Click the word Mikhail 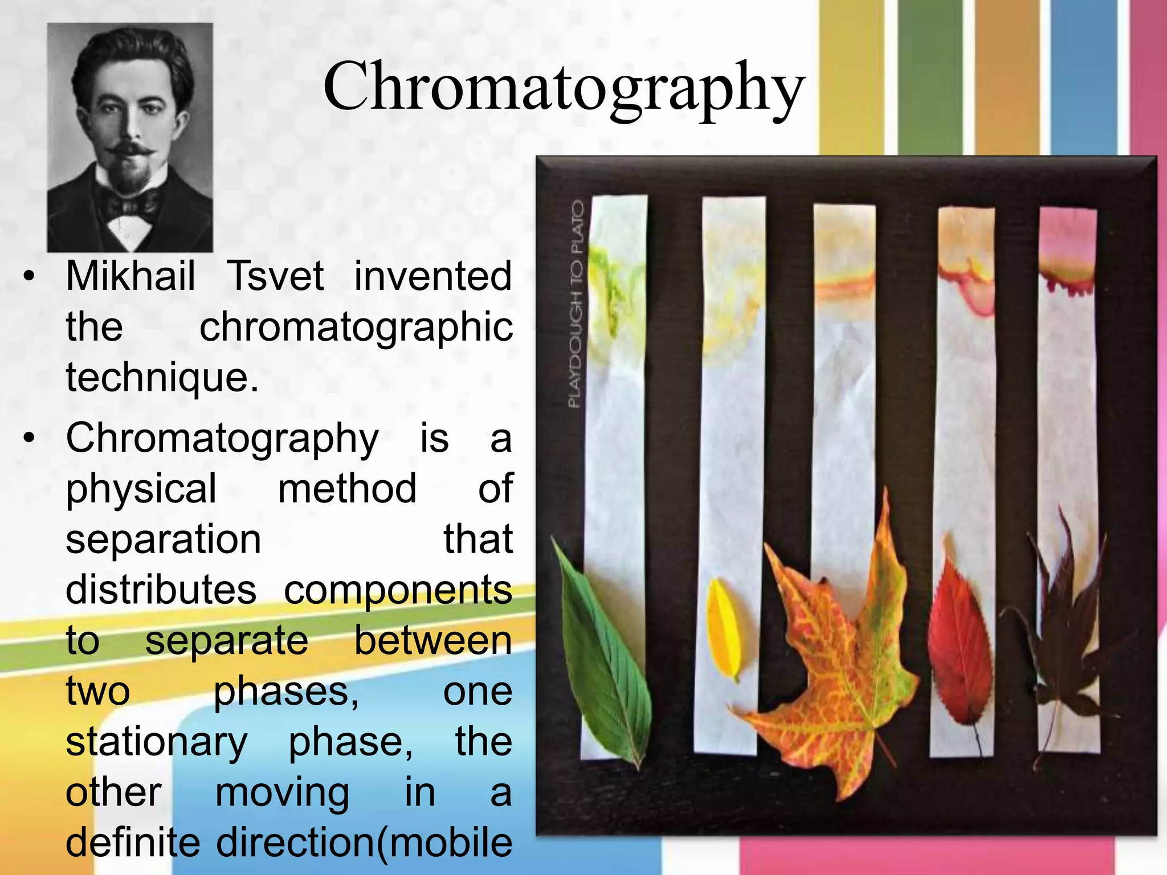[x=130, y=276]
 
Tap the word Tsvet [x=275, y=276]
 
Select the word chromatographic [x=356, y=328]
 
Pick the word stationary [x=157, y=742]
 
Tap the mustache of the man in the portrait [x=131, y=149]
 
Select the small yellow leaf [x=725, y=627]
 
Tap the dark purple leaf [x=1060, y=638]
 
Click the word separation [x=164, y=539]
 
